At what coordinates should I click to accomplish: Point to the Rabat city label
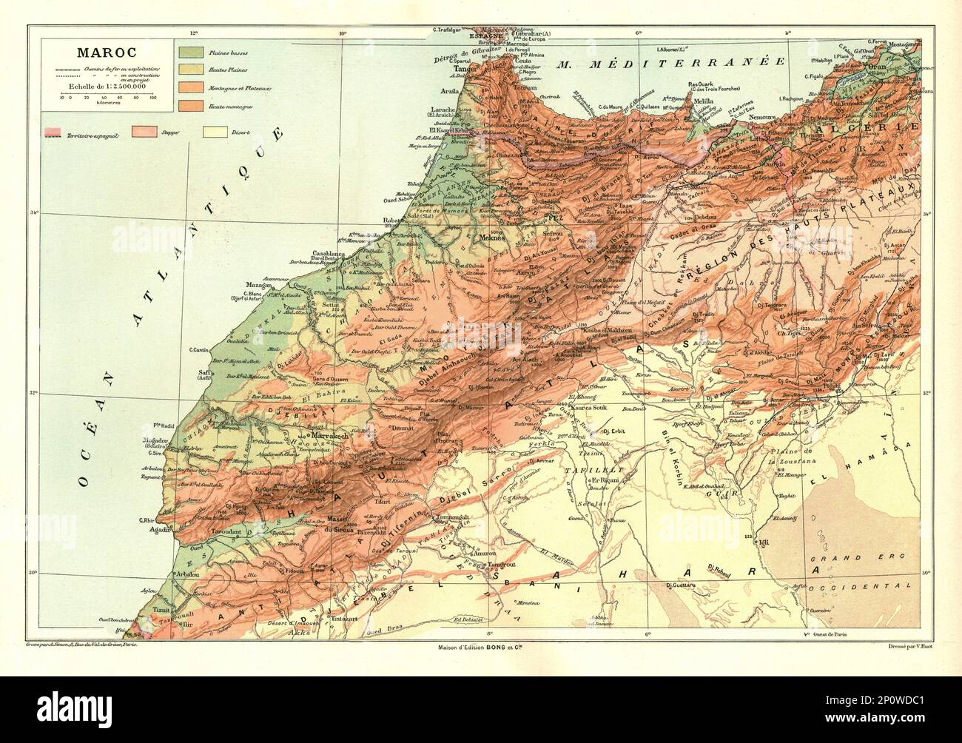pos(391,220)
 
